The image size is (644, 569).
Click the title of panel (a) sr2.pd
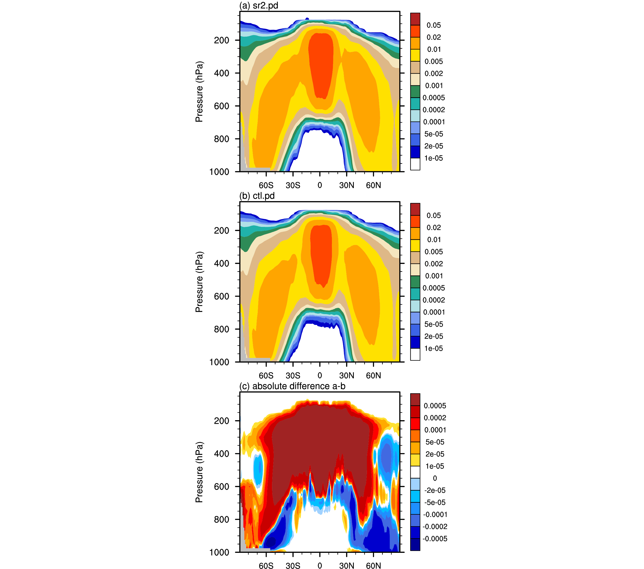pyautogui.click(x=259, y=5)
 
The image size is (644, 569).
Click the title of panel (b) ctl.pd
pyautogui.click(x=257, y=196)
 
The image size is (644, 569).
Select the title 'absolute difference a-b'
pyautogui.click(x=299, y=386)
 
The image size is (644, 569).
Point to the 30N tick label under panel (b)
pyautogui.click(x=346, y=375)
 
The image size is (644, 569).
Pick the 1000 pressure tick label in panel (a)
pyautogui.click(x=219, y=172)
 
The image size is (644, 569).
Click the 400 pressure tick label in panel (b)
pyautogui.click(x=221, y=263)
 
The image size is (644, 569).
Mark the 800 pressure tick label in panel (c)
pyautogui.click(x=221, y=519)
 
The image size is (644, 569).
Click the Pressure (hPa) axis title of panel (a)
pyautogui.click(x=199, y=91)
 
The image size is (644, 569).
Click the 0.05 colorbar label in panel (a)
pyautogui.click(x=434, y=25)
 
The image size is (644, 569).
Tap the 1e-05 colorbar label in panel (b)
pyautogui.click(x=434, y=348)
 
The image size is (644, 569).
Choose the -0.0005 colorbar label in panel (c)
pyautogui.click(x=435, y=539)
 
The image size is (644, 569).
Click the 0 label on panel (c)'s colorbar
pyautogui.click(x=435, y=478)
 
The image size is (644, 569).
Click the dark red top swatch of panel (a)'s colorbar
pyautogui.click(x=415, y=19)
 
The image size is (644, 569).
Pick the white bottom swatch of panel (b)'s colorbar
pyautogui.click(x=415, y=354)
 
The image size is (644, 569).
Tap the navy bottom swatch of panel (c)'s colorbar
pyautogui.click(x=415, y=545)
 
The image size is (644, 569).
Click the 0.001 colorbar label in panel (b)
pyautogui.click(x=434, y=276)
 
